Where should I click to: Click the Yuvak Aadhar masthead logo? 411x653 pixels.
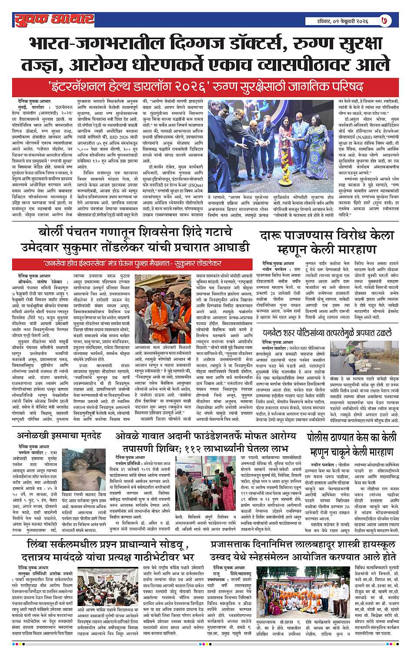point(54,19)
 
